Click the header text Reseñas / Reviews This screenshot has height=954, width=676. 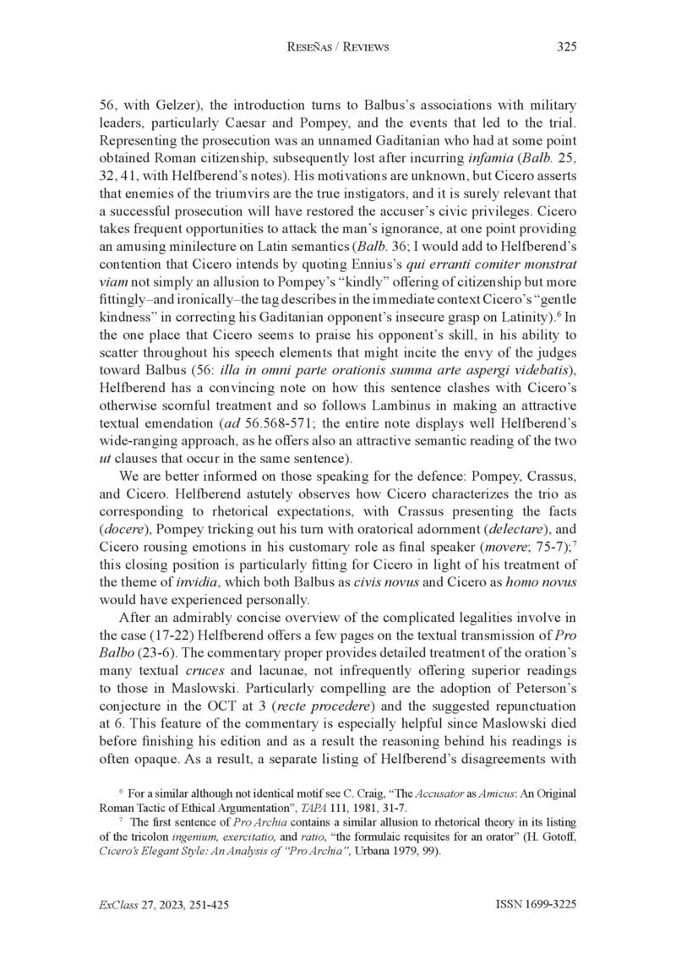pos(338,47)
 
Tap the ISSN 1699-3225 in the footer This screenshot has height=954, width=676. pos(536,904)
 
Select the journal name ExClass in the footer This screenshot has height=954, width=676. pos(117,904)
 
